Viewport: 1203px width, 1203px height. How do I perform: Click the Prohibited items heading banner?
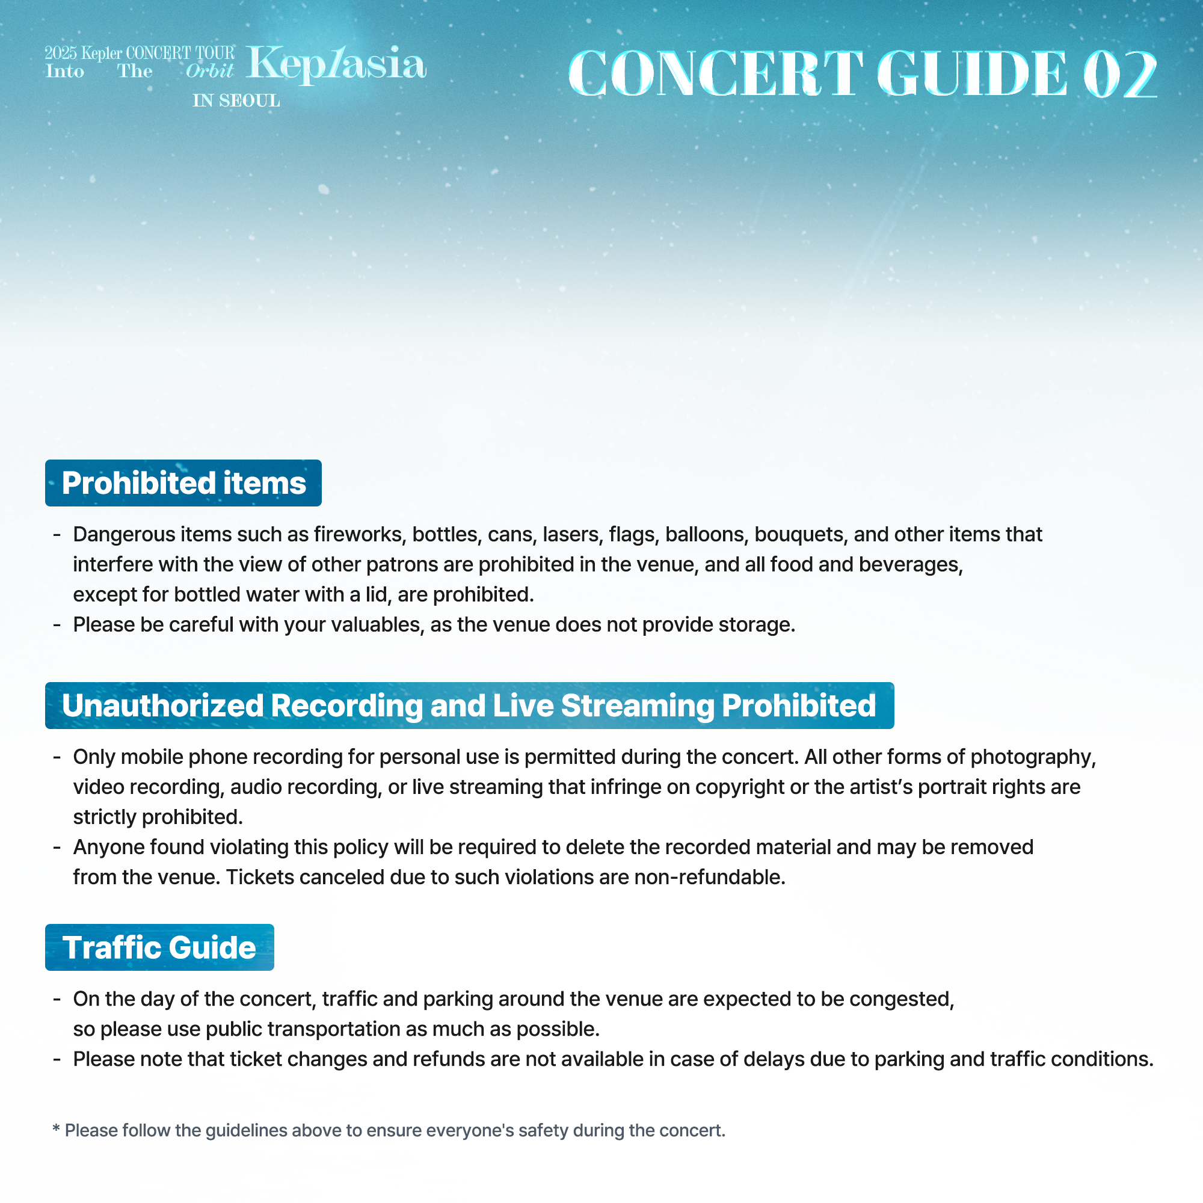click(x=183, y=483)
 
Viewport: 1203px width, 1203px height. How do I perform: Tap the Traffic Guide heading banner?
click(x=159, y=947)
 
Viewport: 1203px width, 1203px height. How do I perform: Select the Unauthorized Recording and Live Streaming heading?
click(x=469, y=706)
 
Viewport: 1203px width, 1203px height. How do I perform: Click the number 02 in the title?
click(x=1119, y=75)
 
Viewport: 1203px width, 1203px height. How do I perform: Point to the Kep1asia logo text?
click(x=336, y=64)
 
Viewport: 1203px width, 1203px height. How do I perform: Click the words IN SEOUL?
click(x=236, y=101)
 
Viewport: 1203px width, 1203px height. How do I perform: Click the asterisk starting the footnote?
click(x=56, y=1129)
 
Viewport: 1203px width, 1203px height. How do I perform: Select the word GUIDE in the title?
click(x=972, y=75)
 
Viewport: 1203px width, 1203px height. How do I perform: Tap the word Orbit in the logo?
click(x=209, y=72)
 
